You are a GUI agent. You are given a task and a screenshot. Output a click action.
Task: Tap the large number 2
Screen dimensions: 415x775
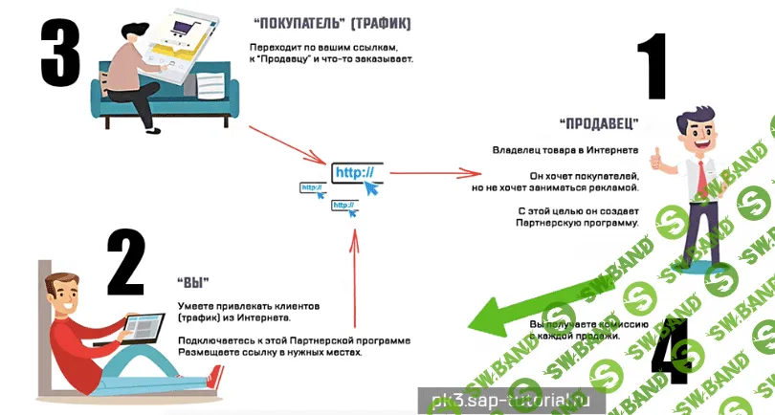point(125,262)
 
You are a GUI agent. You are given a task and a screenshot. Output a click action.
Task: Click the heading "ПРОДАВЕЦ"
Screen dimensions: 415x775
point(600,123)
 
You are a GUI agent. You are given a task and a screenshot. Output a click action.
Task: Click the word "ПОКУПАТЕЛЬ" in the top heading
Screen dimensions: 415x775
point(293,21)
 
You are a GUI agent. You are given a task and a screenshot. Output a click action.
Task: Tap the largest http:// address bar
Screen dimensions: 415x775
point(357,173)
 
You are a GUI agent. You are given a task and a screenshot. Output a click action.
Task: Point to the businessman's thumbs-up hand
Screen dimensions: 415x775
point(656,155)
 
